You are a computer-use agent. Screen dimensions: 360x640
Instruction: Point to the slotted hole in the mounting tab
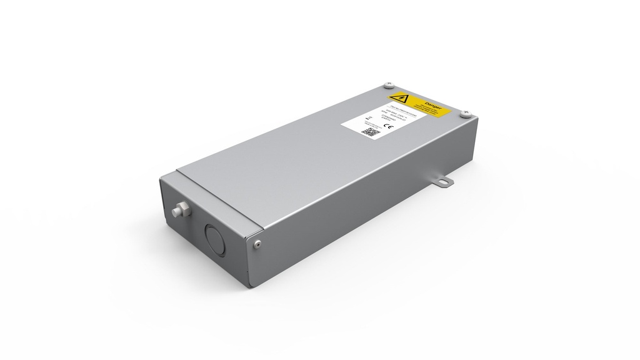click(443, 182)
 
